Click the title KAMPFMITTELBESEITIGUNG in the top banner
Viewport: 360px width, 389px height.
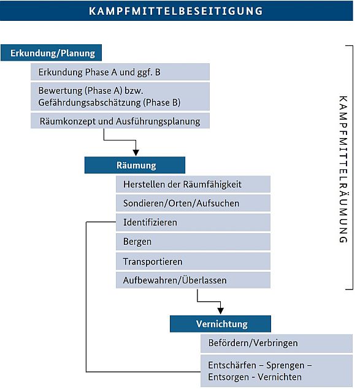click(x=176, y=11)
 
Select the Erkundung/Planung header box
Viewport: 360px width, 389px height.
click(x=51, y=53)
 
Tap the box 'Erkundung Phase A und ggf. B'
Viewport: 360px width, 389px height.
click(x=120, y=72)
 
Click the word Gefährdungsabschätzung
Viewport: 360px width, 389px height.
click(x=90, y=102)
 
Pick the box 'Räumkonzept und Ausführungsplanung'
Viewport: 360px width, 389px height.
click(x=120, y=121)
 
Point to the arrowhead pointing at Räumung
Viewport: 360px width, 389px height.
click(x=136, y=153)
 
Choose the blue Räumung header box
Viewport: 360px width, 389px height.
click(x=135, y=165)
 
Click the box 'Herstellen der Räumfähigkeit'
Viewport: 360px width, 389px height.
click(x=193, y=184)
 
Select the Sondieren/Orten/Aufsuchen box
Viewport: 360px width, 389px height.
click(x=193, y=203)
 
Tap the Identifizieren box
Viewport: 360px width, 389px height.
click(x=193, y=222)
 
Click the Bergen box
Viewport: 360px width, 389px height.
click(x=193, y=242)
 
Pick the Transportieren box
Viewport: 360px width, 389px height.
click(x=193, y=261)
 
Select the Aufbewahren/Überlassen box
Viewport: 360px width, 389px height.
click(x=193, y=280)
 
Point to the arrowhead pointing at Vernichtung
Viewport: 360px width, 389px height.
click(x=220, y=311)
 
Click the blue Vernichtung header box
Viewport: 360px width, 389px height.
click(x=220, y=324)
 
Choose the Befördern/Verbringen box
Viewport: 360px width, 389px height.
click(x=277, y=344)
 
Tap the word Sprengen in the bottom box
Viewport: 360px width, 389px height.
click(x=285, y=366)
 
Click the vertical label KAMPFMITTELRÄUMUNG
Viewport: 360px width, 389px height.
click(x=343, y=169)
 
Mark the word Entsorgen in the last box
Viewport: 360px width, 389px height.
click(x=228, y=377)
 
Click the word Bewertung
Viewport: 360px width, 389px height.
click(x=60, y=91)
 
